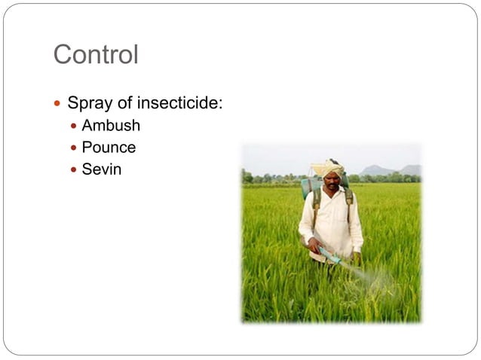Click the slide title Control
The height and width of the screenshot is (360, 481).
pyautogui.click(x=96, y=55)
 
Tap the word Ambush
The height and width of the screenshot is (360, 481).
pyautogui.click(x=111, y=125)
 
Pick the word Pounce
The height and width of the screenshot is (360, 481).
pyautogui.click(x=109, y=147)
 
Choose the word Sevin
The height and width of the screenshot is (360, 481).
pyautogui.click(x=102, y=169)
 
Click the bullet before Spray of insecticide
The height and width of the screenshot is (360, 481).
pyautogui.click(x=57, y=102)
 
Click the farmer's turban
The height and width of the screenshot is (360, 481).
pyautogui.click(x=328, y=167)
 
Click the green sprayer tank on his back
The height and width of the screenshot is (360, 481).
pyautogui.click(x=308, y=186)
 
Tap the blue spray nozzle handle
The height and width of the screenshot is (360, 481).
pyautogui.click(x=329, y=255)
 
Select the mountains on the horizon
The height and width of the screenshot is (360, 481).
pyautogui.click(x=391, y=170)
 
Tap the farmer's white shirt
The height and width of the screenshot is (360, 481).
pyautogui.click(x=332, y=222)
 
